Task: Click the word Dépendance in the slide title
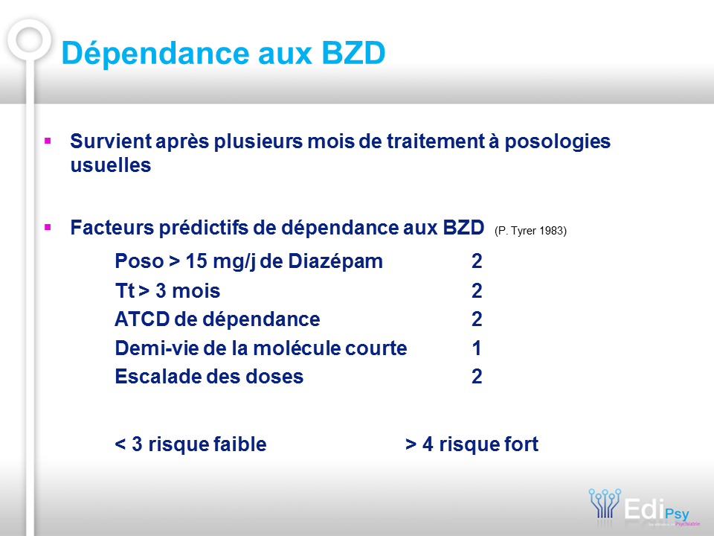coord(155,54)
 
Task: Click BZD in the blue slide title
coord(353,53)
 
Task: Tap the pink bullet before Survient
coord(48,141)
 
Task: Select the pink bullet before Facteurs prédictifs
coord(48,227)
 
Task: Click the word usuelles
coord(111,165)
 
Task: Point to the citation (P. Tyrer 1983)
coord(530,231)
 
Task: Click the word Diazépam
coord(335,261)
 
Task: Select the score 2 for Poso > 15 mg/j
coord(477,261)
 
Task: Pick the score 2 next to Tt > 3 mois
coord(477,291)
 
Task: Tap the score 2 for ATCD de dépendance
coord(477,319)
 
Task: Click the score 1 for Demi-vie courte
coord(476,348)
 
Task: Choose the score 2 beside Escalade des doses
coord(477,377)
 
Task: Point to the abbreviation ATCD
coord(142,319)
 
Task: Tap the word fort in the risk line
coord(520,444)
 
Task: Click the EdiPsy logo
coord(644,507)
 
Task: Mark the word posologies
coord(558,141)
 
